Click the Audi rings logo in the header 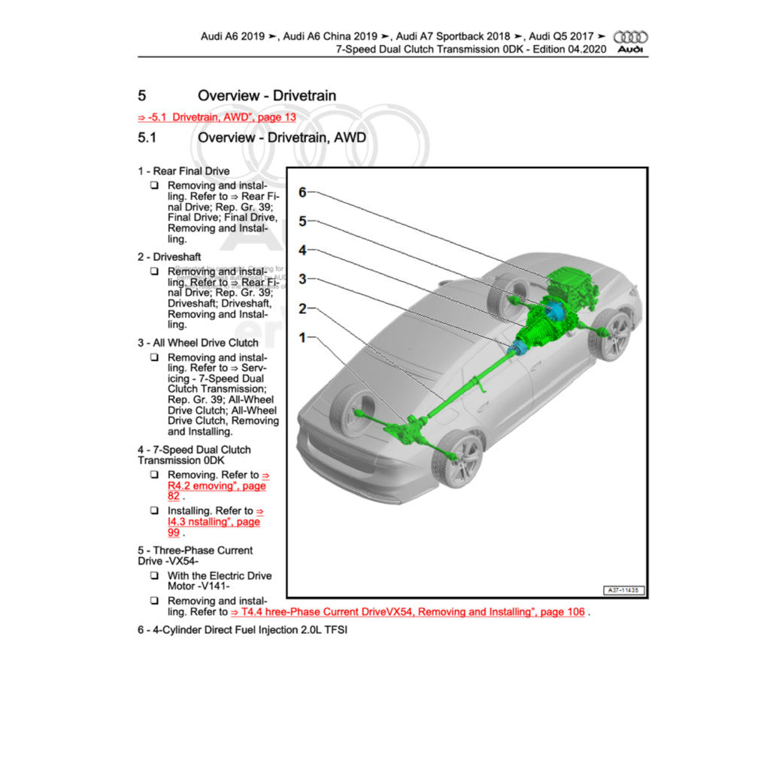(631, 37)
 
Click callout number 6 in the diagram (302, 192)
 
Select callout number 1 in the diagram (302, 338)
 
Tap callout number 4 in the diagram (302, 250)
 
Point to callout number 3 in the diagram (302, 280)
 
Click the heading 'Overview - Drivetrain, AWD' (281, 138)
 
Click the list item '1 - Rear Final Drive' (183, 171)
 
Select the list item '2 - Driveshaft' (169, 257)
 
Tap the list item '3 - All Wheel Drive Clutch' (198, 343)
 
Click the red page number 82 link (174, 496)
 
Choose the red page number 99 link (174, 532)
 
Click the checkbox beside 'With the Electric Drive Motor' (153, 576)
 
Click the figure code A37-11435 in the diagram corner (626, 591)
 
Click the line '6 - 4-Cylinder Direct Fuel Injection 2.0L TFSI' (242, 630)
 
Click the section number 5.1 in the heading (147, 138)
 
